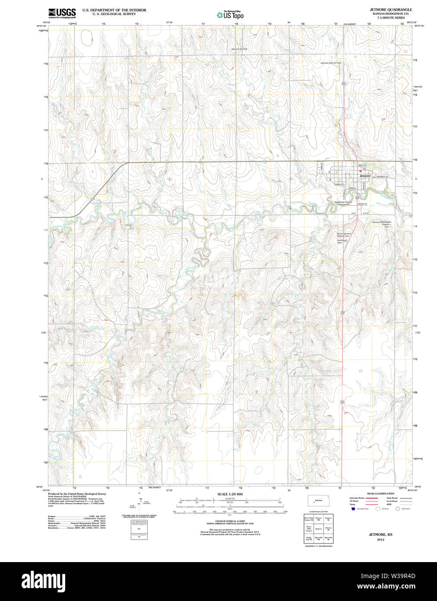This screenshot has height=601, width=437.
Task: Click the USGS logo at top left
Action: point(62,13)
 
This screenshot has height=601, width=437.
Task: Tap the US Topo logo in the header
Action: point(231,15)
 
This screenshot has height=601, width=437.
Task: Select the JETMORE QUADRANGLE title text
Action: point(390,10)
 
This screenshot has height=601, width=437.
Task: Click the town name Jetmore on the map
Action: point(365,176)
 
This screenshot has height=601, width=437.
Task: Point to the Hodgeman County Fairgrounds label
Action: point(343,203)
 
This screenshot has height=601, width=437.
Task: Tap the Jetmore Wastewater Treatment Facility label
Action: point(382,224)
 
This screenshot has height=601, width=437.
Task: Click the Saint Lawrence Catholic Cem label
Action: point(344,235)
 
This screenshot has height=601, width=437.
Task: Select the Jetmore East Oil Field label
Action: point(330,63)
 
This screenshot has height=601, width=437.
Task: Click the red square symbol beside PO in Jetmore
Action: point(360,171)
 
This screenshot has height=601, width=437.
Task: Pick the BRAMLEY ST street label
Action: point(382,177)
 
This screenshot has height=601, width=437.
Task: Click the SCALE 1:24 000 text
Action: point(230,494)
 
